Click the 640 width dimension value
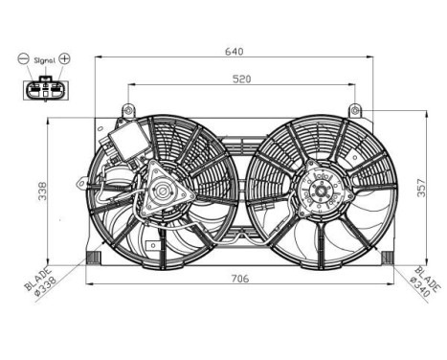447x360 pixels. [235, 50]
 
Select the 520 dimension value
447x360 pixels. [240, 79]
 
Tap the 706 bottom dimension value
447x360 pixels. [240, 279]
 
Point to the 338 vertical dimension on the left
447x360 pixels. [41, 192]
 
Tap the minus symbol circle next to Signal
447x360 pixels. [23, 58]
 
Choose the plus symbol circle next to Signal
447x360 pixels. [65, 58]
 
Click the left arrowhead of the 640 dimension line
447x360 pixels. [98, 57]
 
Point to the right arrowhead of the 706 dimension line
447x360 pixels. [391, 285]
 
